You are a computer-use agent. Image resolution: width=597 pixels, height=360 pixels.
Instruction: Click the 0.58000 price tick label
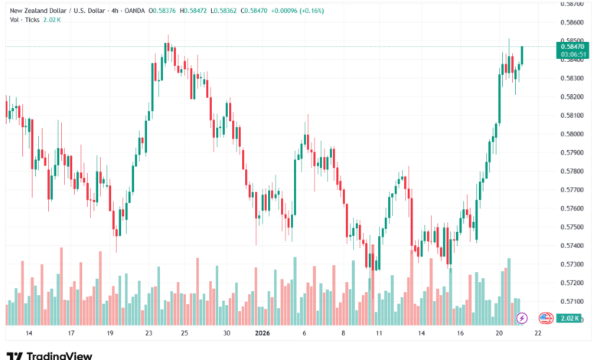click(x=573, y=134)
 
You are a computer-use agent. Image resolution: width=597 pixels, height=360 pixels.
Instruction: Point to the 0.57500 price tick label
click(x=573, y=227)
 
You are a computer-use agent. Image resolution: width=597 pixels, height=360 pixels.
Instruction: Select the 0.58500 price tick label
click(x=573, y=41)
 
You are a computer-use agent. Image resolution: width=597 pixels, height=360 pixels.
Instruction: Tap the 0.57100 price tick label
click(x=573, y=301)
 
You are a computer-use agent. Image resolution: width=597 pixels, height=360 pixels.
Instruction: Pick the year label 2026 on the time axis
click(x=263, y=334)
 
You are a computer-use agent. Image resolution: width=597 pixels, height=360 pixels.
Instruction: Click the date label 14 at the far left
click(x=29, y=334)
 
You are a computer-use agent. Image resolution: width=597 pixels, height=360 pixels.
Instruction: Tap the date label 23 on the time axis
click(x=149, y=334)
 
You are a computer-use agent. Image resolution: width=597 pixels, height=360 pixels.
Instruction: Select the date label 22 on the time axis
click(x=539, y=334)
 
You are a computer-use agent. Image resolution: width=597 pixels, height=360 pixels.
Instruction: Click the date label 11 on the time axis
click(x=380, y=334)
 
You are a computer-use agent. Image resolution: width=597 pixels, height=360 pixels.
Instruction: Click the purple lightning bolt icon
click(x=523, y=318)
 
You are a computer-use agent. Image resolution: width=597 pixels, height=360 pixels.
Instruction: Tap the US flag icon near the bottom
click(x=546, y=318)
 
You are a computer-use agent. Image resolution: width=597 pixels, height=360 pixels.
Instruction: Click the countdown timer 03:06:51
click(x=573, y=54)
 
